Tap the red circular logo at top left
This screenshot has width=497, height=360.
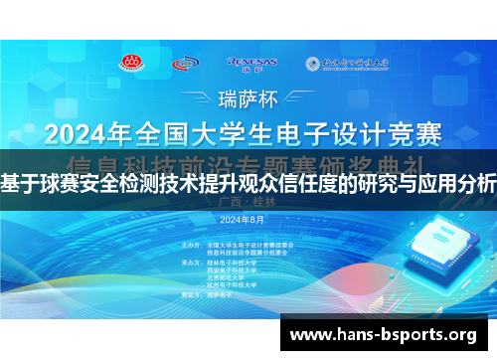point(131,64)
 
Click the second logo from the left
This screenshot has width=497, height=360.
point(185,64)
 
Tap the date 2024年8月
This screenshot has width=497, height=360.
point(242,219)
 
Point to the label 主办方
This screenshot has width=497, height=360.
point(193,244)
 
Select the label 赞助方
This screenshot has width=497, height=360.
point(193,295)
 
